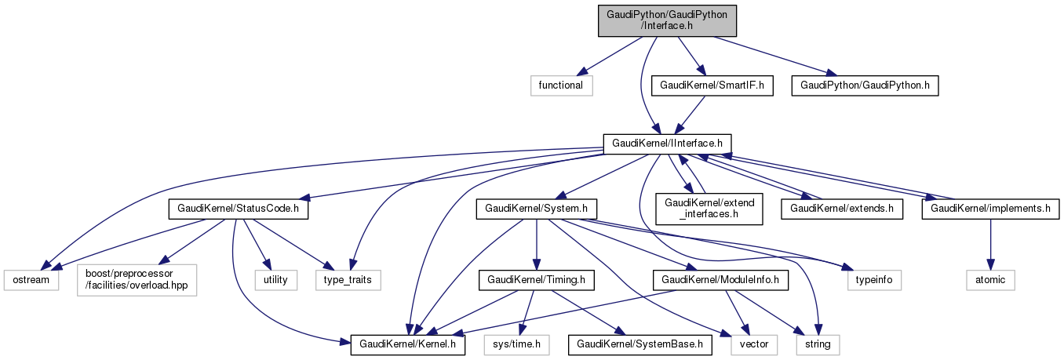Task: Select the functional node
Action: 560,85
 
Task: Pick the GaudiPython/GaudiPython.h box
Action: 864,85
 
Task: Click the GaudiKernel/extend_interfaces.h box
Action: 709,209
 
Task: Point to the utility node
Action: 275,278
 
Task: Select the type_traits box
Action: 348,278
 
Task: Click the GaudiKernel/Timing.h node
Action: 536,278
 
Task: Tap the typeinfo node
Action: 874,278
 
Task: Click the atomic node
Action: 990,278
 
